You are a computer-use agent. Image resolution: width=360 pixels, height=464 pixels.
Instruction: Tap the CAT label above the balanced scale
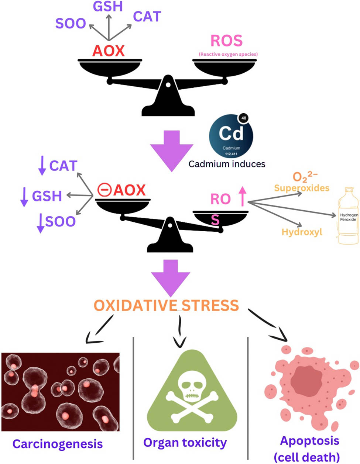click(x=147, y=17)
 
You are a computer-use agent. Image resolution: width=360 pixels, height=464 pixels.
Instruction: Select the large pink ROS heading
click(x=226, y=41)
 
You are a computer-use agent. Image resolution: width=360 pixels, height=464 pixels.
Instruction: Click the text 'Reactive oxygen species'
click(x=228, y=54)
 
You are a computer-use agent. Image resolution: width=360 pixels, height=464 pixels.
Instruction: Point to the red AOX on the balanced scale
click(x=108, y=51)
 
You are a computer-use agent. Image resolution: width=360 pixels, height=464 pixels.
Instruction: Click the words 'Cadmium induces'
click(x=227, y=164)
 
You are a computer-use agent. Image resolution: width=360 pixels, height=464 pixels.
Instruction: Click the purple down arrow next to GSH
click(x=24, y=196)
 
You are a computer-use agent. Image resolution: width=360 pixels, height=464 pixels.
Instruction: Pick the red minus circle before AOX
click(x=104, y=190)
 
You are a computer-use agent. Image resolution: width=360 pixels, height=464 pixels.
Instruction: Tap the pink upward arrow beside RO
click(x=242, y=196)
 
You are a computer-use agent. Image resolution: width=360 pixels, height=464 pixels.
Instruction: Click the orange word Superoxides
click(x=301, y=188)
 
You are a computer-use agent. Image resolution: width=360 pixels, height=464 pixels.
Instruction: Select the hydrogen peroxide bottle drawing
click(x=348, y=216)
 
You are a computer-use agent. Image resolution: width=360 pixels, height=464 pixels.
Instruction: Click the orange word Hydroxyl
click(x=302, y=232)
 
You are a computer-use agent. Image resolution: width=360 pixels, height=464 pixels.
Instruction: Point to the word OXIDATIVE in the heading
click(x=135, y=306)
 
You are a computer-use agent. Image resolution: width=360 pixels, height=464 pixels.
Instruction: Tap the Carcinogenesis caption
click(x=58, y=443)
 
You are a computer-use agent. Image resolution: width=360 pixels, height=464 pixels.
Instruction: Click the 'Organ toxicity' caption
click(x=185, y=442)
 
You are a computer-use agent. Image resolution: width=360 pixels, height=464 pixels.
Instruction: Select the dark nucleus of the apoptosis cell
click(x=305, y=381)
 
